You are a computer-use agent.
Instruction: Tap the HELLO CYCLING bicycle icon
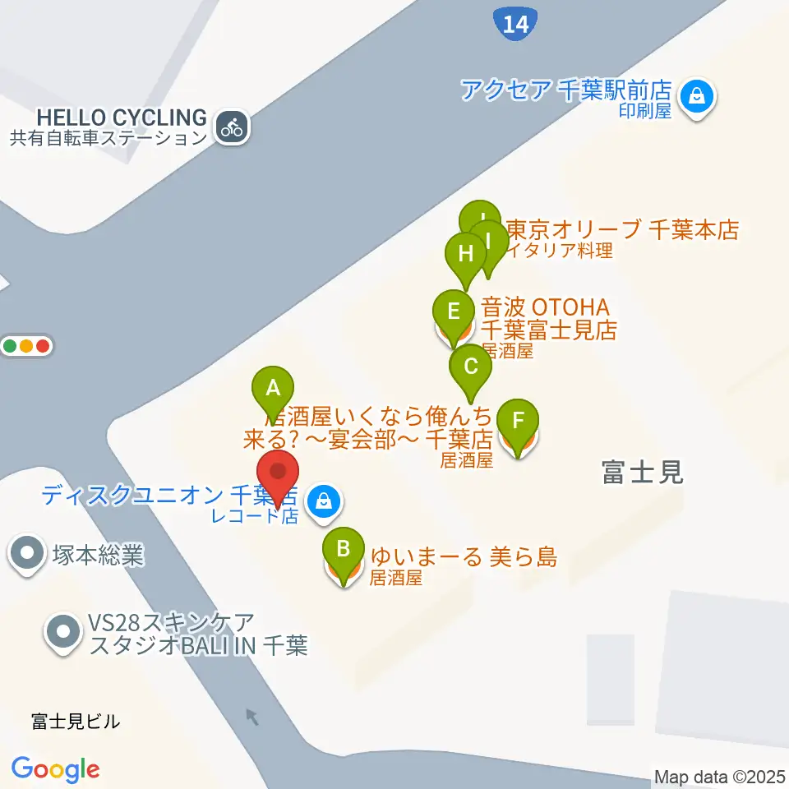click(x=233, y=127)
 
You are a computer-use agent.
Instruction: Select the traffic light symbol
click(x=28, y=346)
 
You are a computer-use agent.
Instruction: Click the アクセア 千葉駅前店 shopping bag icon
click(x=698, y=96)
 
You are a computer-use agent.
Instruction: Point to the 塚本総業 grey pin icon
click(x=28, y=553)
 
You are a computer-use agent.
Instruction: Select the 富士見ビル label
click(x=76, y=722)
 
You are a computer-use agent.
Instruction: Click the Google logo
click(x=56, y=770)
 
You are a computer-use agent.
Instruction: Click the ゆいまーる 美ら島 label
click(x=464, y=557)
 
